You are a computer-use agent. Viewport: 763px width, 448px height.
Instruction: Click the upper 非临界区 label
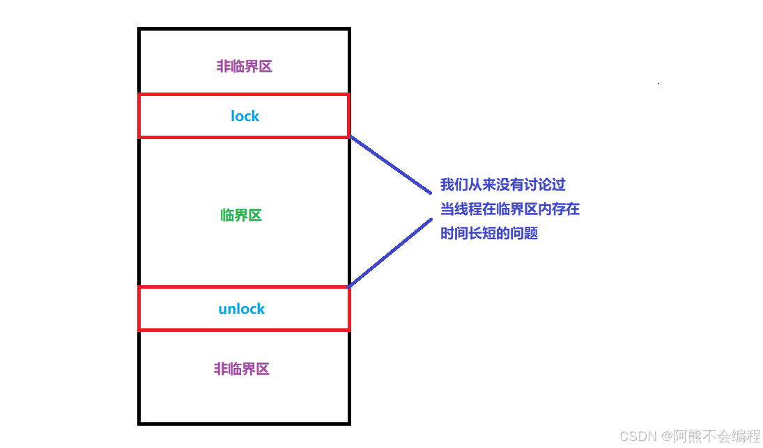tap(244, 67)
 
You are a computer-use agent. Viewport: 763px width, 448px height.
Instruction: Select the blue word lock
tap(245, 116)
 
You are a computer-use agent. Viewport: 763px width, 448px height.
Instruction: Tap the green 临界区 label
tap(241, 216)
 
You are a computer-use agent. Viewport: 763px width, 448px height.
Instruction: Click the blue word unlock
tap(242, 309)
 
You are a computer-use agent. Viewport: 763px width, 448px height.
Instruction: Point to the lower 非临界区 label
tap(241, 369)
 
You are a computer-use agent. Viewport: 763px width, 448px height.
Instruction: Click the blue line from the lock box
tap(390, 164)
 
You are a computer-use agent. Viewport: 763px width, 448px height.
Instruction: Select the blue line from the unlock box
tap(390, 253)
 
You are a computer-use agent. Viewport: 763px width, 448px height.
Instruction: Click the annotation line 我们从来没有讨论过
tap(502, 185)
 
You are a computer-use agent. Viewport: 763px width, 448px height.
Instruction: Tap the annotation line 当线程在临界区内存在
tap(510, 209)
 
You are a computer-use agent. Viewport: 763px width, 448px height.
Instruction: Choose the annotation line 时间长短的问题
tap(489, 233)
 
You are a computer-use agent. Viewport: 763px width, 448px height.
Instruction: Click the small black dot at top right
tap(658, 83)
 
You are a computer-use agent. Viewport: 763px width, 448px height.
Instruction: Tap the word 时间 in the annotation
tap(454, 233)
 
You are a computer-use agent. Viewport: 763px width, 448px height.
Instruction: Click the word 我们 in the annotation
tap(454, 185)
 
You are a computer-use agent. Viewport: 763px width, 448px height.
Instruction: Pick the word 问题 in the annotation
tap(524, 233)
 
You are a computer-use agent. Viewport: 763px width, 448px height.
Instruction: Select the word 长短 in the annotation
tap(489, 233)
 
